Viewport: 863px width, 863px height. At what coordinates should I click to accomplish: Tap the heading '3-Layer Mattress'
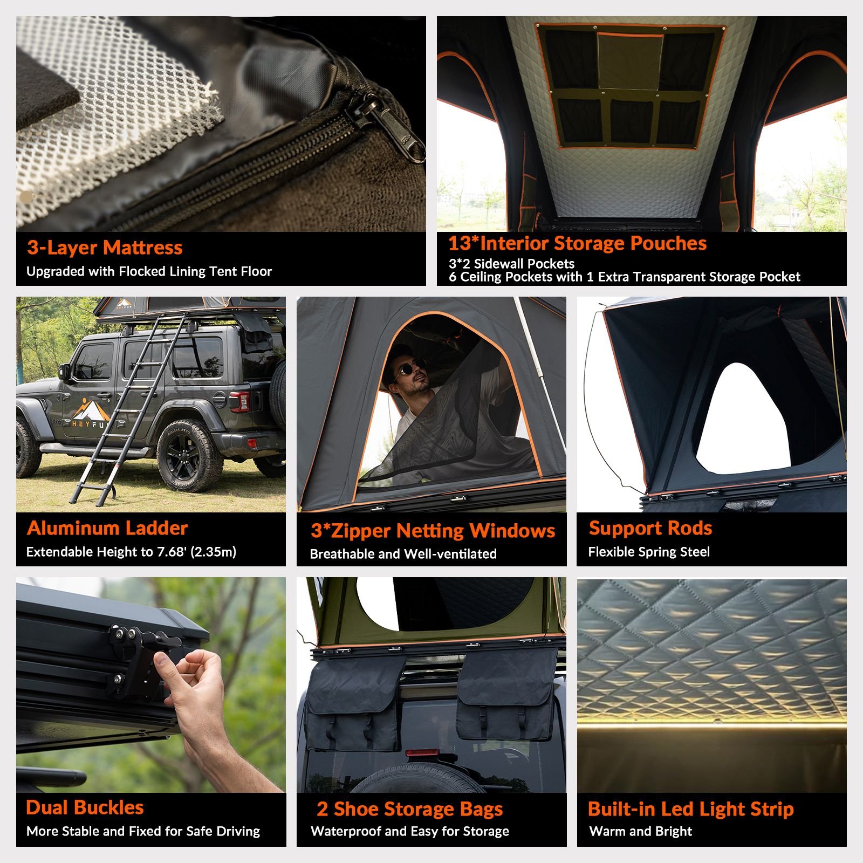105,248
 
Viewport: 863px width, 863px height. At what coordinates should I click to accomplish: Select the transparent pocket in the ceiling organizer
630,60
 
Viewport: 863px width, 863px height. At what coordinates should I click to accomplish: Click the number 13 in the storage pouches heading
460,243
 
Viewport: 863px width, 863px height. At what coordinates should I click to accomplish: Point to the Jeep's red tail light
239,401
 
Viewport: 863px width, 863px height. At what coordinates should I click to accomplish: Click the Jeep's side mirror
65,372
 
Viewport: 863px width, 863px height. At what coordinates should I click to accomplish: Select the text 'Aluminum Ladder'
107,528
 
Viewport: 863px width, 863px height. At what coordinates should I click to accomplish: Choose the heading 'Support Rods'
650,528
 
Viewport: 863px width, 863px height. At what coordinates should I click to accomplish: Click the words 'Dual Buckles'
85,807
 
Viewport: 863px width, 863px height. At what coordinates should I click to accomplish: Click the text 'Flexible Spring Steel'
649,552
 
